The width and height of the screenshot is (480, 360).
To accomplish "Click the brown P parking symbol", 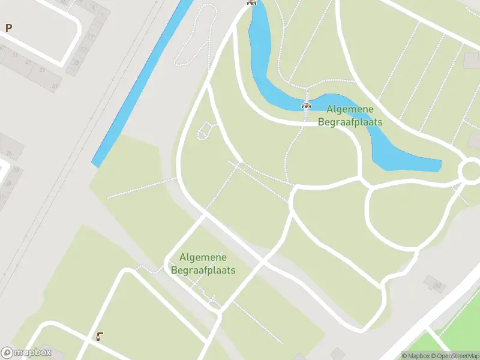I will tap(8, 28).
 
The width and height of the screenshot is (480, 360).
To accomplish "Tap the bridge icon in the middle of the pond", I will tap(307, 106).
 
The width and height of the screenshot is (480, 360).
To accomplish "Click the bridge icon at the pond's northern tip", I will tap(251, 2).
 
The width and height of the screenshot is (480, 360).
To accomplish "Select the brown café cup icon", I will tap(100, 337).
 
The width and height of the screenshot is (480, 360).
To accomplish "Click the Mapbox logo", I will tap(26, 353).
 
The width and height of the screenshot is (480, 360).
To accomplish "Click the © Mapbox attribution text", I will tap(415, 356).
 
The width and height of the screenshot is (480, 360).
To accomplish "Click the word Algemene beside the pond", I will tap(350, 109).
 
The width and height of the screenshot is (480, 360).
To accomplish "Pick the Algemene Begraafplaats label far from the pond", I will tap(203, 263).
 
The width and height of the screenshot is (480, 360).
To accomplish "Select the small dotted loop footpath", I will tap(205, 130).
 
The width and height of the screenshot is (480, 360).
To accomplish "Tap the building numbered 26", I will tap(9, 154).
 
